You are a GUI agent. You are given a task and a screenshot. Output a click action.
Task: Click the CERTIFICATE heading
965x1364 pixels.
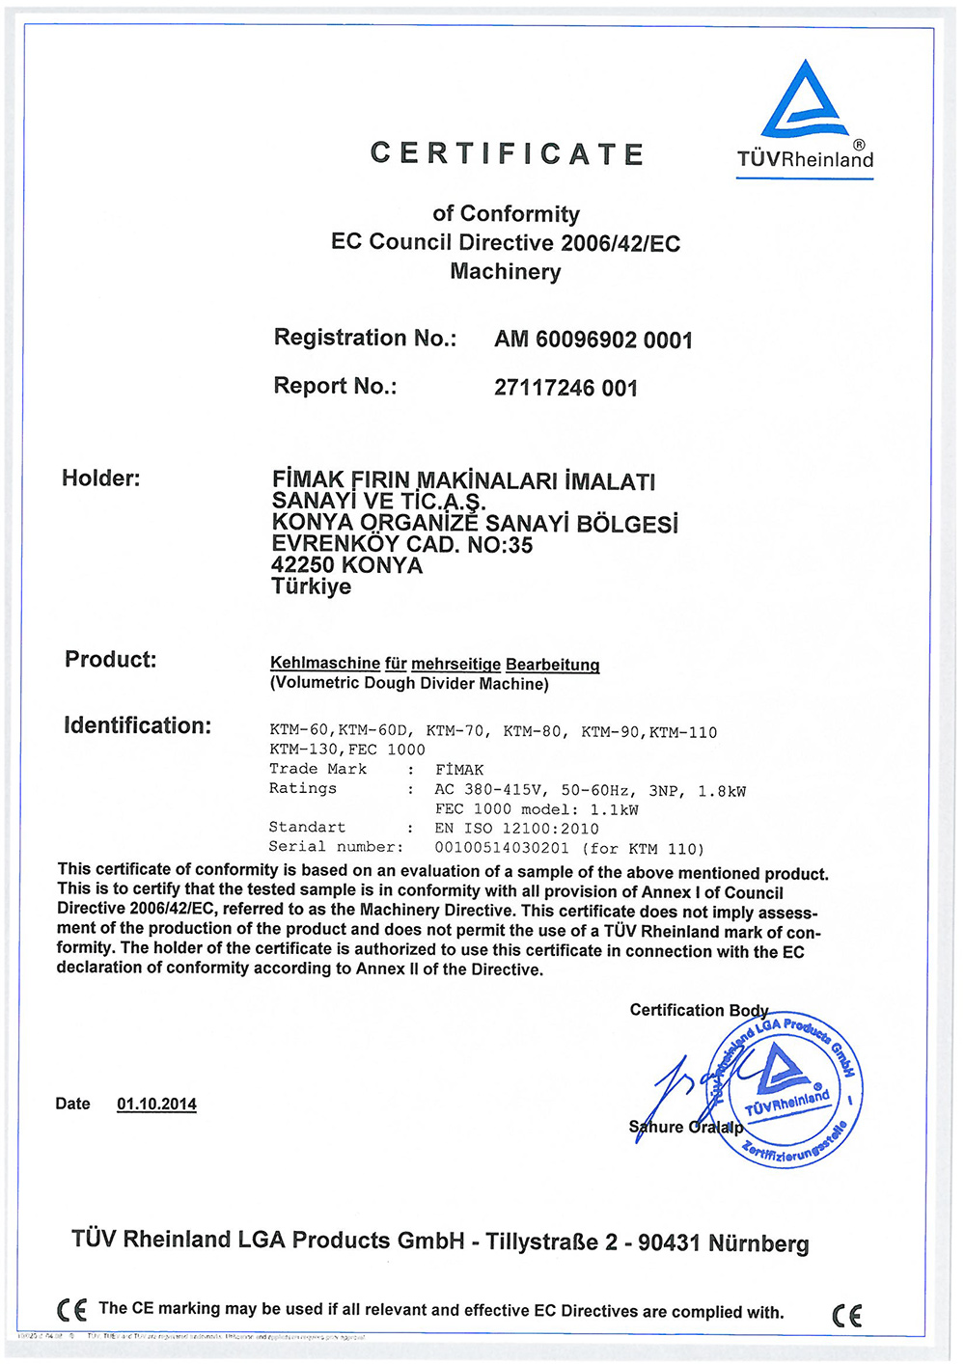pos(507,154)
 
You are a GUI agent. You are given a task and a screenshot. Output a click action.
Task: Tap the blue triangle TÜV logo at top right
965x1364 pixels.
pos(805,100)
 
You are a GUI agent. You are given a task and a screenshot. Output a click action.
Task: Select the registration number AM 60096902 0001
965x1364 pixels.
pos(593,340)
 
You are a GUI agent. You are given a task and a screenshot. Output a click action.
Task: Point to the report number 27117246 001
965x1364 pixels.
pos(565,388)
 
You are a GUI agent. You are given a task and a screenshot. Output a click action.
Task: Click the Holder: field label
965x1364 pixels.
pos(100,478)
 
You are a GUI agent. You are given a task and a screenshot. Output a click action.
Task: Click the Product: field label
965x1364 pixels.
pos(110,660)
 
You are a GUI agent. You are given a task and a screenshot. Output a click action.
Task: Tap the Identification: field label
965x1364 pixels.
pos(137,725)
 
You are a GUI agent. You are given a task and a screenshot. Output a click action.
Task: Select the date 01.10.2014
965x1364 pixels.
pos(156,1104)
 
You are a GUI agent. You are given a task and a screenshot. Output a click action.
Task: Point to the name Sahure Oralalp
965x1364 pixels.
pos(686,1127)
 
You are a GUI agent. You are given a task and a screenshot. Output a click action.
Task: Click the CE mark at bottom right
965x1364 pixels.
pos(846,1315)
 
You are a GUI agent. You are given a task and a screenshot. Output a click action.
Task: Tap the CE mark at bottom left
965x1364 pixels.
pos(71,1310)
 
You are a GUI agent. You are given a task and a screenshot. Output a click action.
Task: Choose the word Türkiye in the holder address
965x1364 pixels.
pos(311,587)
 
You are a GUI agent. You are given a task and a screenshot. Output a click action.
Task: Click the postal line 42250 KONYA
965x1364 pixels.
pos(346,565)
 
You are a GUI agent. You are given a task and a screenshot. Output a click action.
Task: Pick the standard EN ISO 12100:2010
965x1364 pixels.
pos(516,829)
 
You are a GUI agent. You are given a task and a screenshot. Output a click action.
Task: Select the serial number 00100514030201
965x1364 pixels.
pos(502,848)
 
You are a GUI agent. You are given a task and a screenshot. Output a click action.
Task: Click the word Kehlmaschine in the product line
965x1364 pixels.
pos(325,664)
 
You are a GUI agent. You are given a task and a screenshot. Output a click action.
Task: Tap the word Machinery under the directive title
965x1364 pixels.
pos(505,272)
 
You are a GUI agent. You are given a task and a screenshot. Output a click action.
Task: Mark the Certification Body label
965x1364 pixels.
pos(699,1010)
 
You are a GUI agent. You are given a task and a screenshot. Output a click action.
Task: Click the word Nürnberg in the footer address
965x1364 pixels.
pos(758,1243)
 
